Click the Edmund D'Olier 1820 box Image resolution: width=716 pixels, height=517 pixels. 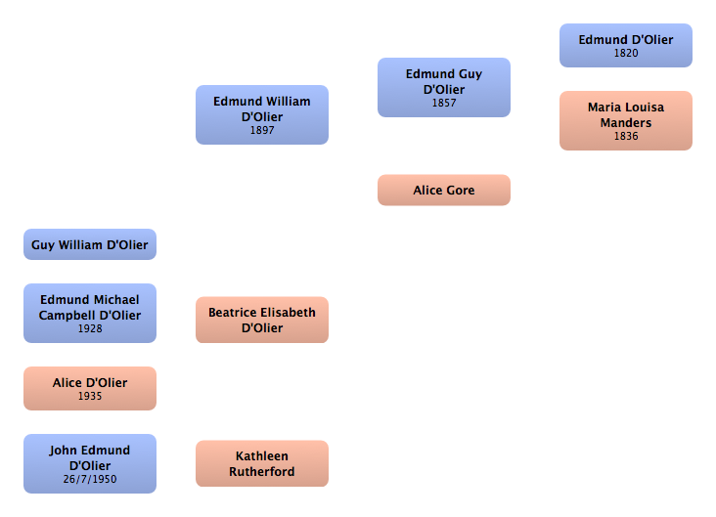[x=625, y=45]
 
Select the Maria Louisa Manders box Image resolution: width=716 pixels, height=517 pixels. [x=625, y=120]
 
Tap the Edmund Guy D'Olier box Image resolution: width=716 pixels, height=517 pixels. [x=444, y=87]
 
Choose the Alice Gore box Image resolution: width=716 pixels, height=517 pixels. [x=444, y=190]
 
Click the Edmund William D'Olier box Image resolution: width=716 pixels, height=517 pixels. [x=262, y=114]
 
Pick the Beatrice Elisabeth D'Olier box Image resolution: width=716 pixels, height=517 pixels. [x=262, y=320]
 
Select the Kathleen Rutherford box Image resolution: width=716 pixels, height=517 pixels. [x=262, y=463]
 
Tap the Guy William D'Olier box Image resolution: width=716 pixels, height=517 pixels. [x=90, y=244]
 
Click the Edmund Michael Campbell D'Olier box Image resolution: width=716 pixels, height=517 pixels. [x=90, y=313]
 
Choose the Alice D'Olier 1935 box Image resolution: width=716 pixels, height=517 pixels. [x=90, y=388]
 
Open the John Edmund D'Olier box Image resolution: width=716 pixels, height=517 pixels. [x=90, y=463]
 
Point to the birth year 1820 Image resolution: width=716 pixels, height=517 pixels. [x=626, y=54]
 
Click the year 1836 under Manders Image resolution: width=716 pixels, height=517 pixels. [x=626, y=137]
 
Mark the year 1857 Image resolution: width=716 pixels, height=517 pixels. [x=444, y=104]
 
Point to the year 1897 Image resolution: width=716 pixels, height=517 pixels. [x=262, y=131]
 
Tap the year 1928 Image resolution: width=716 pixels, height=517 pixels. [x=90, y=329]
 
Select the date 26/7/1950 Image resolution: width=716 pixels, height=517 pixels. [x=90, y=480]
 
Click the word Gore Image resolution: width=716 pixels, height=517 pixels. [x=460, y=191]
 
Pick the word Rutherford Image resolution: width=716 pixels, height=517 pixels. [x=262, y=472]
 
